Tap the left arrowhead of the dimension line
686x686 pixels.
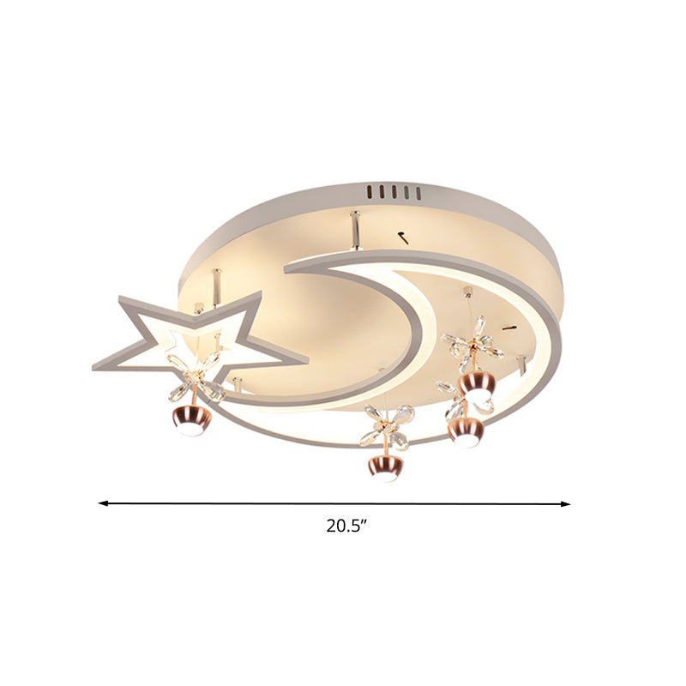102,503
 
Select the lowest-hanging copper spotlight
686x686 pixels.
382,467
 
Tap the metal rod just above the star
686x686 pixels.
216,281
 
